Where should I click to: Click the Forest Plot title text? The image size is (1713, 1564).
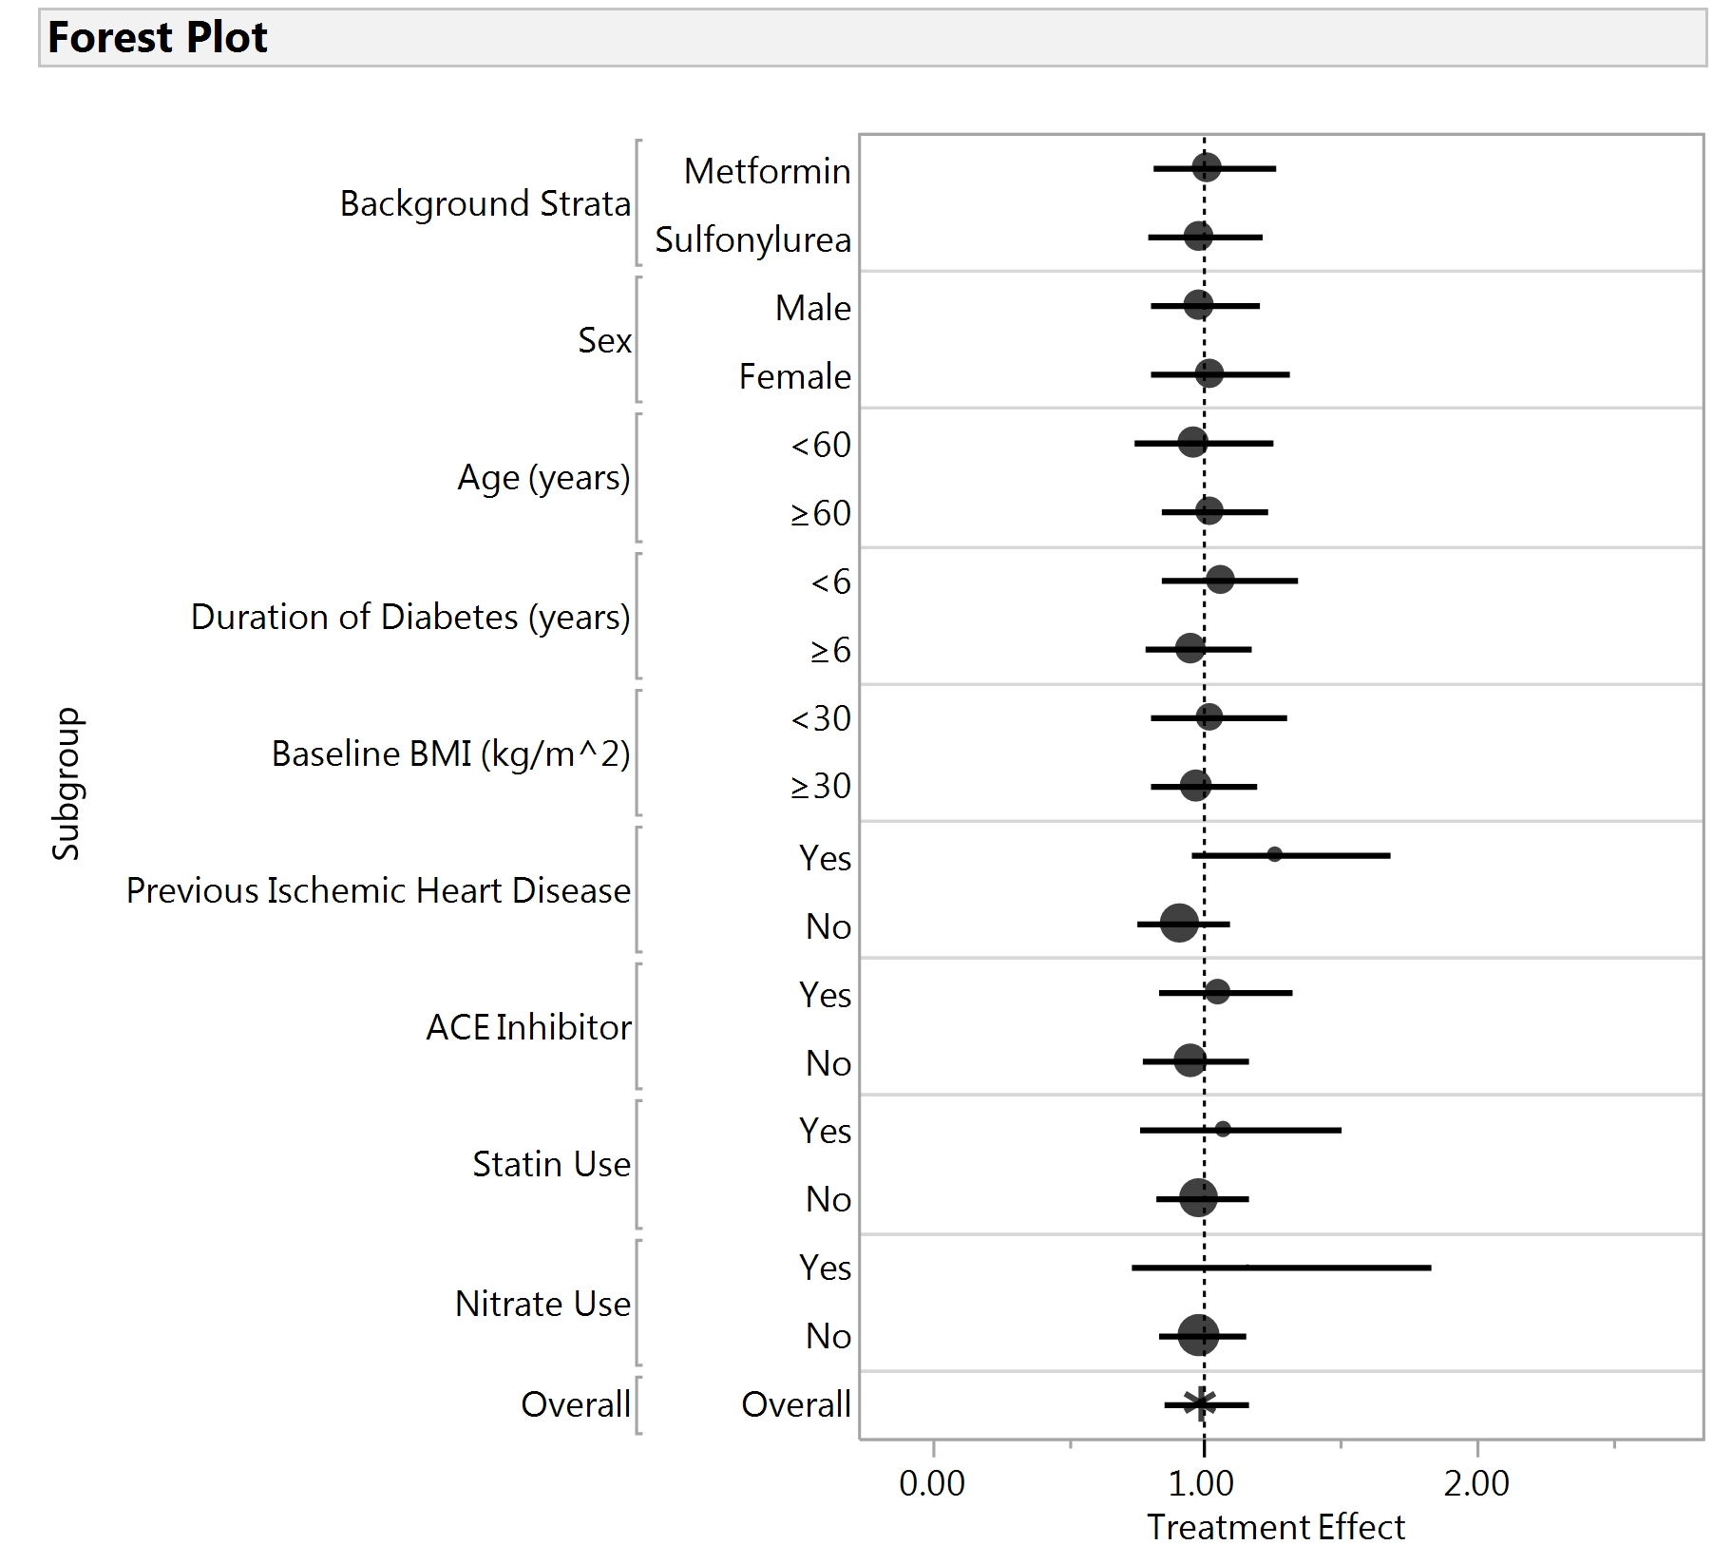[158, 38]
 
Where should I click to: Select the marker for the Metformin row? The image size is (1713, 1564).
[1206, 168]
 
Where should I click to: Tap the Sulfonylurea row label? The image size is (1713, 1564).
[752, 239]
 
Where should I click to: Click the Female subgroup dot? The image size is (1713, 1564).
[1209, 373]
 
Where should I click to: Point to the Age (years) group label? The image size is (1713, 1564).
[543, 477]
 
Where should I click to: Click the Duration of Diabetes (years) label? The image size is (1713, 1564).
[410, 617]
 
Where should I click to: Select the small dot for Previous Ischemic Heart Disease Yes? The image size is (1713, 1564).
[1274, 854]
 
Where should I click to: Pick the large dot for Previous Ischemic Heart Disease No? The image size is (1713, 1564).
[1179, 923]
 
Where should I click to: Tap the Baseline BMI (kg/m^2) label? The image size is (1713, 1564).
[450, 753]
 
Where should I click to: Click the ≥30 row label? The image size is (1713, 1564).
[821, 787]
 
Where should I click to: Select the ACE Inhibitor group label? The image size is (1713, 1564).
[528, 1027]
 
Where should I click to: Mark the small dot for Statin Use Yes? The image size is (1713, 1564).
[1223, 1129]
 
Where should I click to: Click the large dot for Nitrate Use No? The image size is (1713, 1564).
[1198, 1335]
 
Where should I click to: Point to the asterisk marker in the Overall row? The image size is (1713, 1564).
[1200, 1402]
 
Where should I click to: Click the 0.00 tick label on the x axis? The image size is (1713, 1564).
[932, 1483]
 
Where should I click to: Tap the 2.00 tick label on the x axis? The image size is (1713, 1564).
[1476, 1483]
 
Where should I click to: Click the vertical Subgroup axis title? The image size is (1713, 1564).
[67, 784]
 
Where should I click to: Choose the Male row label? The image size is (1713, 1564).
[812, 308]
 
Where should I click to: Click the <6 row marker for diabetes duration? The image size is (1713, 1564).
[1220, 579]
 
